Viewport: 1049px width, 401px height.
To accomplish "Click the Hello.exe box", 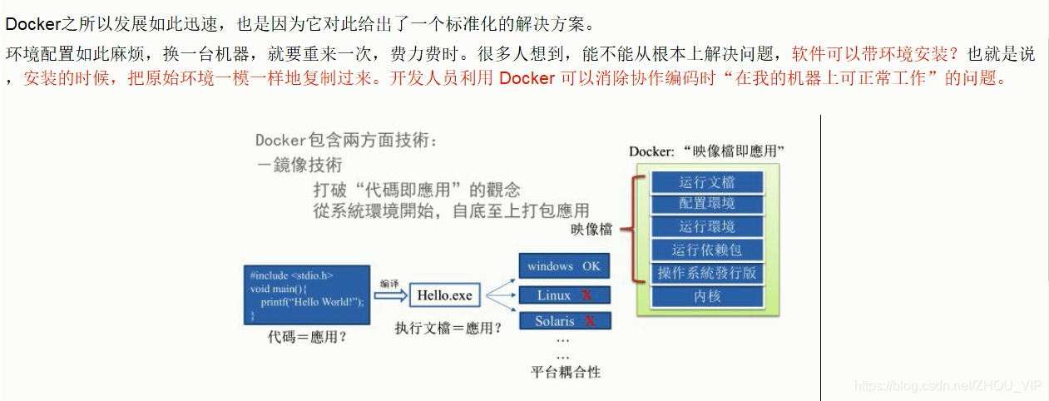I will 444,295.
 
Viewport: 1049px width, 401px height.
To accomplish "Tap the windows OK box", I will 564,266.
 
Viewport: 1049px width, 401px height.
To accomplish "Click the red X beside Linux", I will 586,295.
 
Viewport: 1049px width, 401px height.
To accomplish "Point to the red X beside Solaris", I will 590,321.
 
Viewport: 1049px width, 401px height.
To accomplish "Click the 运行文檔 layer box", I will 706,182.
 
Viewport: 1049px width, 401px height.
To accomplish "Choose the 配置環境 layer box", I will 706,204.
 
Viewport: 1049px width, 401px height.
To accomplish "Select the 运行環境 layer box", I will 706,226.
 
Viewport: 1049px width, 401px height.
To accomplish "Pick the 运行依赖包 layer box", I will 706,250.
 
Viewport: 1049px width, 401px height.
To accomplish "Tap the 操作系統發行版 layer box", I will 706,273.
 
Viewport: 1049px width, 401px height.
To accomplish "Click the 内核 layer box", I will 706,295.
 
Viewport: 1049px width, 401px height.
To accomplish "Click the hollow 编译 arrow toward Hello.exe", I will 388,295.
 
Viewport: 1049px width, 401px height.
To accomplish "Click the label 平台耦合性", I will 565,371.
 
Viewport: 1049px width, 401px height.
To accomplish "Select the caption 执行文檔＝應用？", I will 448,328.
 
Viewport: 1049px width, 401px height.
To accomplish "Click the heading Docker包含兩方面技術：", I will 346,141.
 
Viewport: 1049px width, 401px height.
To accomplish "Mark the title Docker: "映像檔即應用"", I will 707,151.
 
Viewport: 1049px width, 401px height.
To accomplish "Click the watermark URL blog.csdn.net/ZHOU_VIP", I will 948,385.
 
